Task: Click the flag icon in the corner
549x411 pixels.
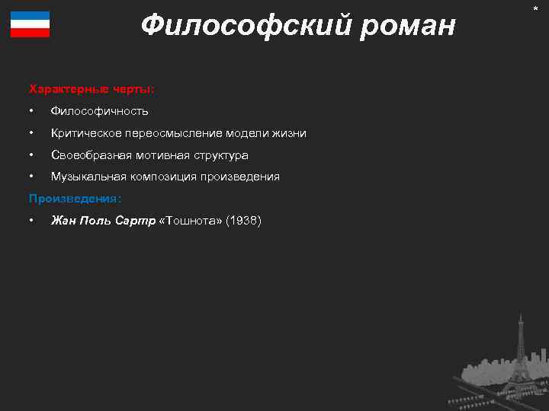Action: [30, 24]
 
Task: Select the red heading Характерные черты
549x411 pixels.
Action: [91, 89]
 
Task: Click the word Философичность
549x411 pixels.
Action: [99, 112]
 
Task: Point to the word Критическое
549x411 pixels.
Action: [82, 133]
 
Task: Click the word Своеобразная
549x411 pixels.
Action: [87, 155]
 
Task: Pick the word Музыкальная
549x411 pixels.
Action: [86, 177]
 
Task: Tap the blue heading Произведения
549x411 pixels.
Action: [75, 199]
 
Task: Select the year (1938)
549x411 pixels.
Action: [244, 221]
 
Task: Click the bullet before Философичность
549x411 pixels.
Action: [30, 112]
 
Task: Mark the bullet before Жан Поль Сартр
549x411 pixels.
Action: [30, 221]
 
